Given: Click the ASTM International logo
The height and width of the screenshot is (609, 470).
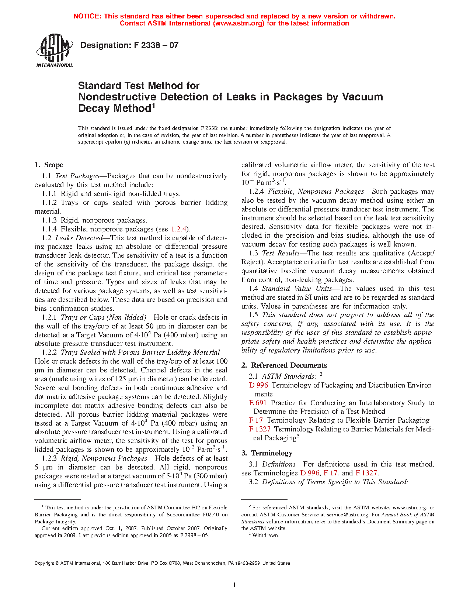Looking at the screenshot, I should pyautogui.click(x=54, y=51).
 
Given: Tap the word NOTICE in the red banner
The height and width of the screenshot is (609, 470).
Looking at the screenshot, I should pyautogui.click(x=87, y=16).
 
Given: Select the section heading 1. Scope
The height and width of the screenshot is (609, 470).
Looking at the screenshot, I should pyautogui.click(x=49, y=165).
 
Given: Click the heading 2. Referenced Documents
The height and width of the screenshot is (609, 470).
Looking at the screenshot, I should pyautogui.click(x=284, y=365).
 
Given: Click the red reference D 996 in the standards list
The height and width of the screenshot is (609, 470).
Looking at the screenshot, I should pyautogui.click(x=258, y=385).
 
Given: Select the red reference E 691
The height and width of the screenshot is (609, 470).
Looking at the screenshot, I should pyautogui.click(x=258, y=403).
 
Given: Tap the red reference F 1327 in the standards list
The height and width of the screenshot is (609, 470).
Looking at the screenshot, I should pyautogui.click(x=260, y=429).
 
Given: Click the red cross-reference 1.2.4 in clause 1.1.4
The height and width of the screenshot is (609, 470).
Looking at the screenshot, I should pyautogui.click(x=179, y=229).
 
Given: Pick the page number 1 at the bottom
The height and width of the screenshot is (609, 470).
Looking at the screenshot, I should pyautogui.click(x=234, y=585).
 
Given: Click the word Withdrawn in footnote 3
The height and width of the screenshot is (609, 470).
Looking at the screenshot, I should pyautogui.click(x=265, y=535).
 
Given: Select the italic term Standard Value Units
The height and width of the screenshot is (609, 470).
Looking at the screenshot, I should pyautogui.click(x=297, y=289).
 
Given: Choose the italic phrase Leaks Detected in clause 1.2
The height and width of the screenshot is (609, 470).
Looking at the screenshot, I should pyautogui.click(x=79, y=238).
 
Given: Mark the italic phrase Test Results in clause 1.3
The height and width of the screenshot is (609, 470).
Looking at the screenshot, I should pyautogui.click(x=281, y=253).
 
